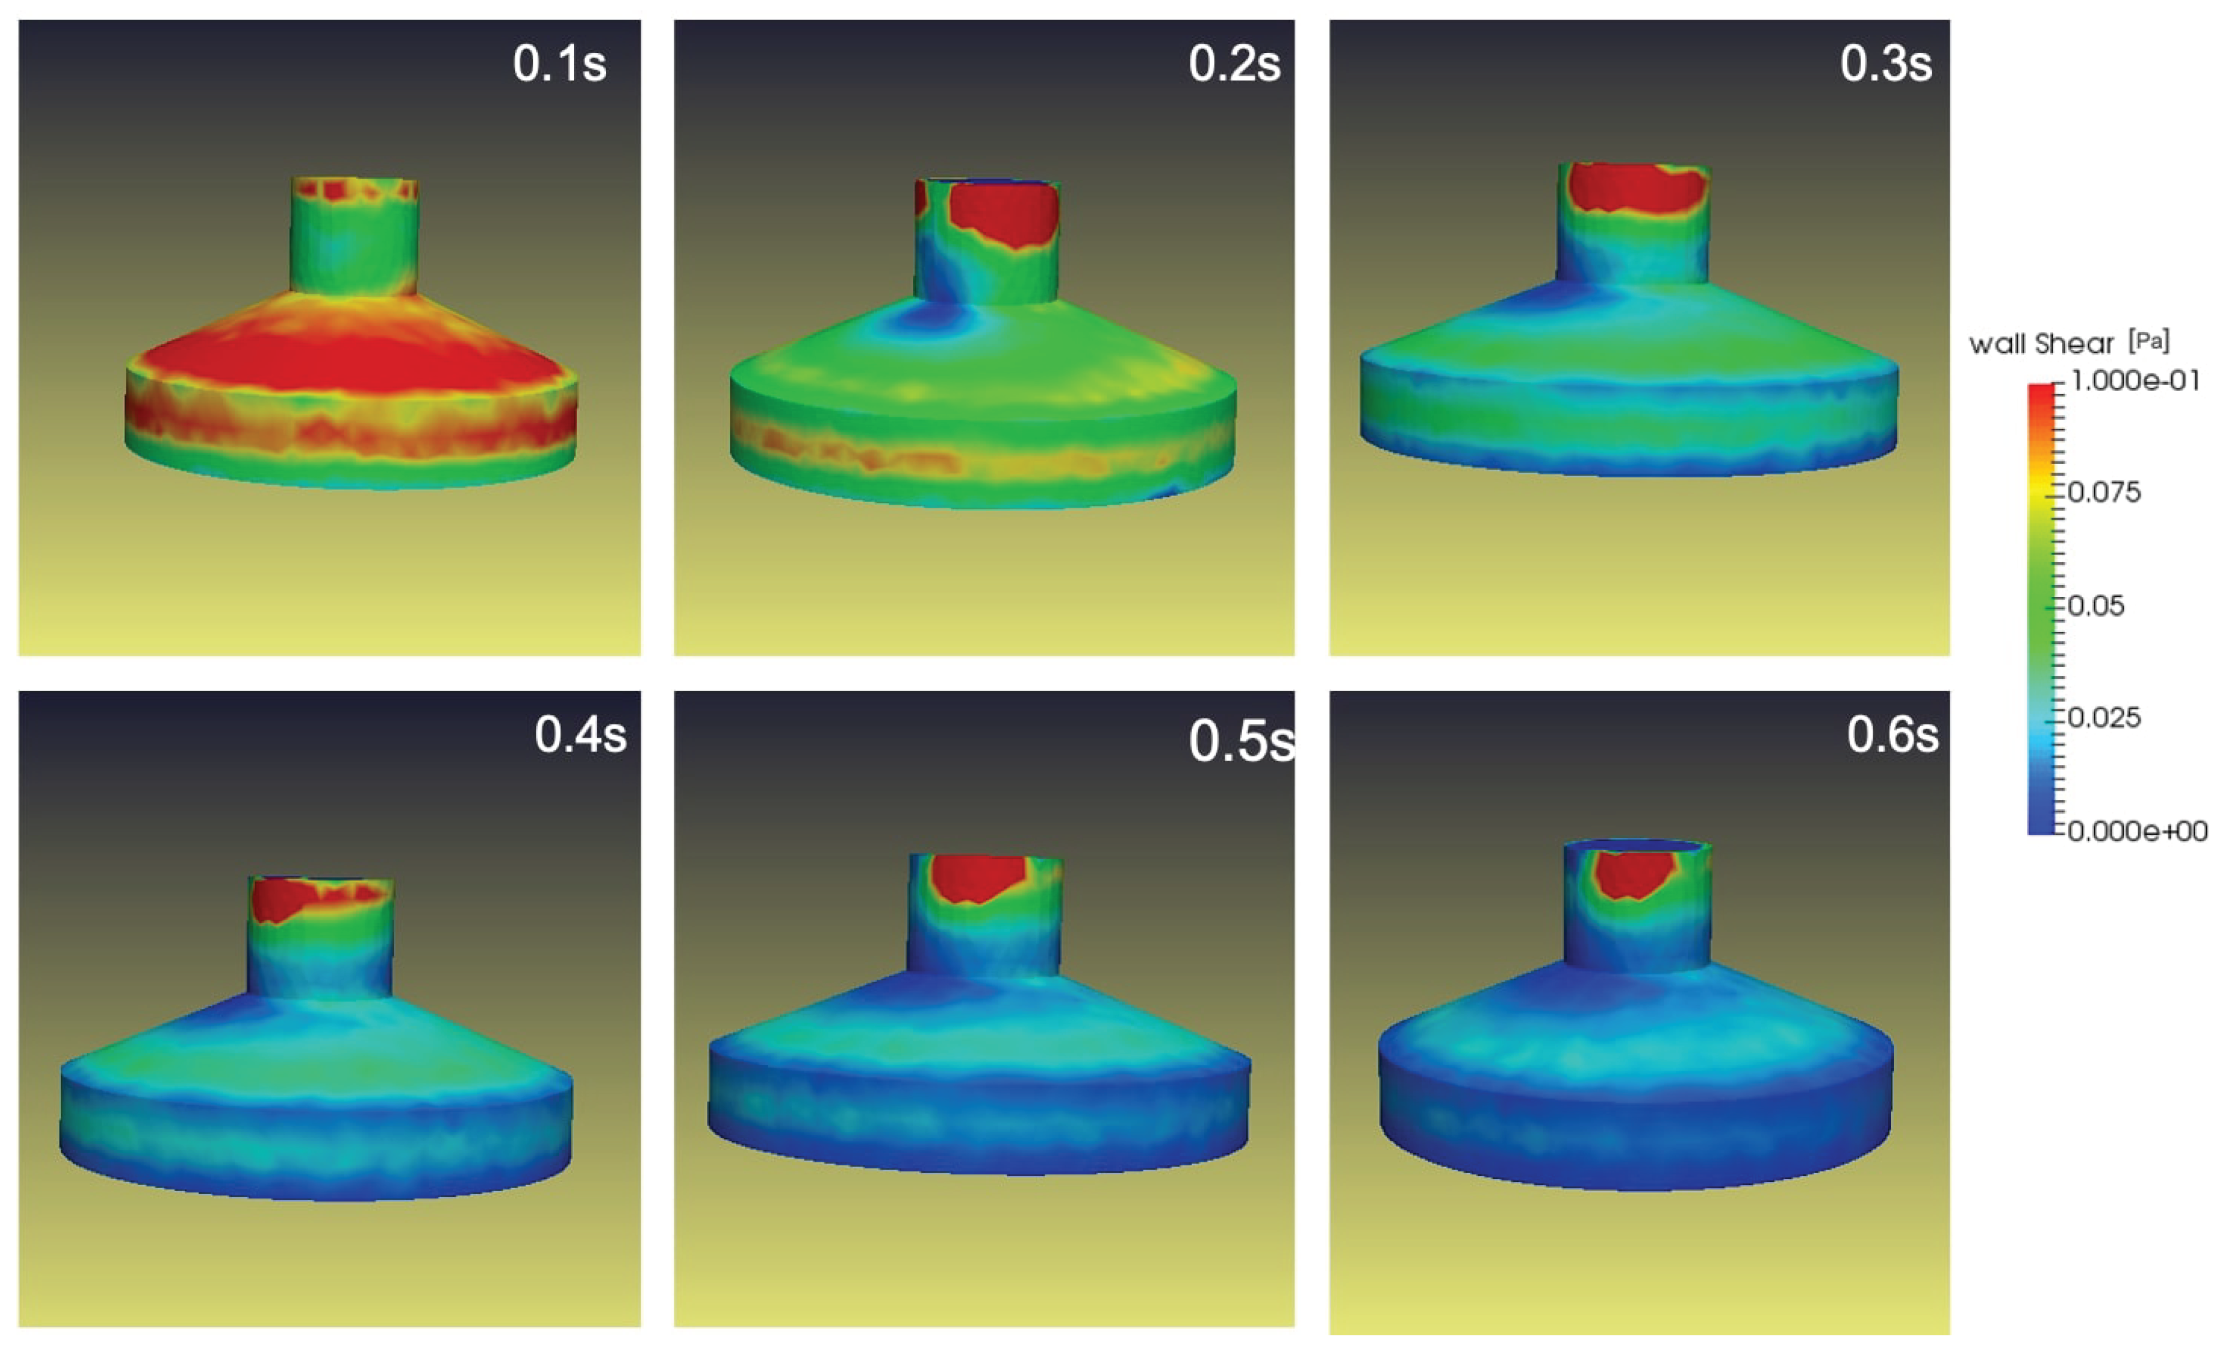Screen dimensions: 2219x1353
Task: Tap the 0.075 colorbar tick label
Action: coord(2104,493)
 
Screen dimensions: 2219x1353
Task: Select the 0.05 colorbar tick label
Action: coord(2096,606)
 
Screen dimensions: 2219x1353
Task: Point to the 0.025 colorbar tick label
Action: coord(2104,718)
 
